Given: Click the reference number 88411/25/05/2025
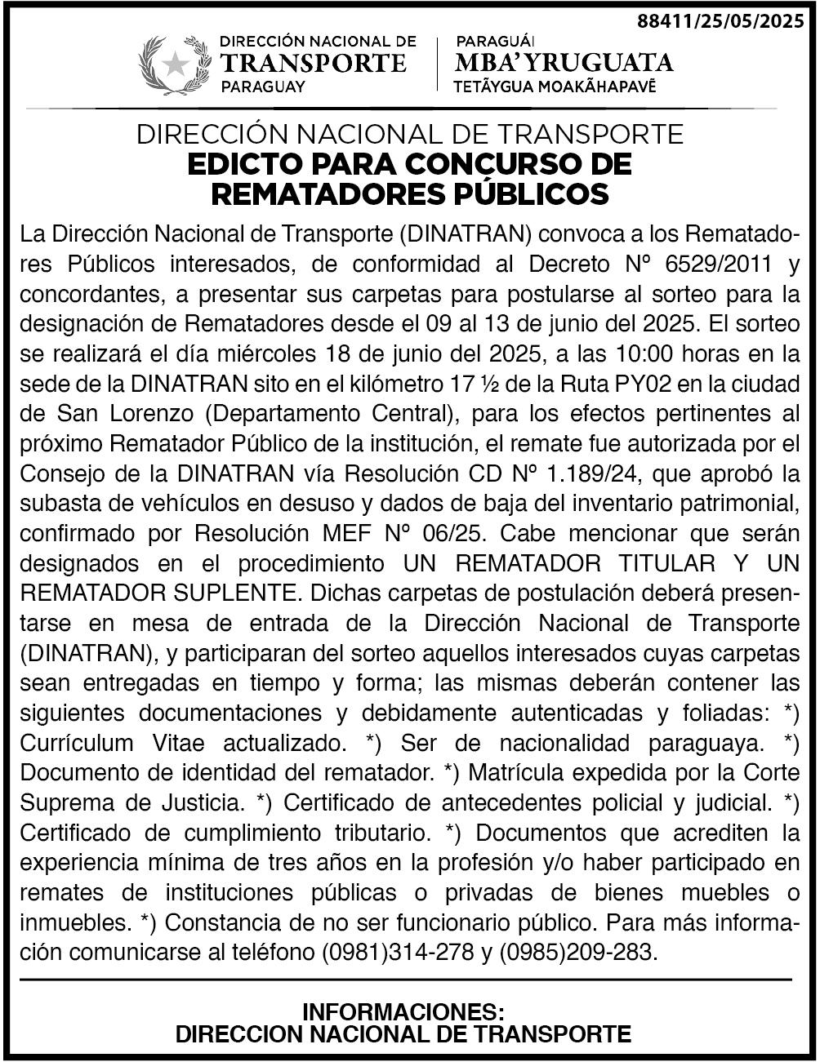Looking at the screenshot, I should pyautogui.click(x=720, y=22).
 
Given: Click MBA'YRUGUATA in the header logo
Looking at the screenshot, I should pyautogui.click(x=564, y=62).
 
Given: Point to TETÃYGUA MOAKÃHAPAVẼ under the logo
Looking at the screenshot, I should pyautogui.click(x=555, y=87).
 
